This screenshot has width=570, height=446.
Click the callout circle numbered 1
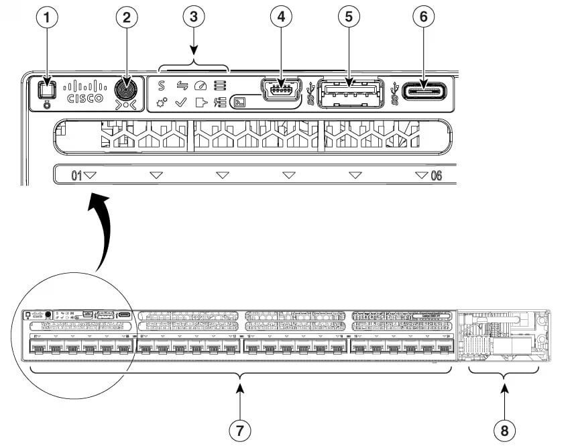point(46,18)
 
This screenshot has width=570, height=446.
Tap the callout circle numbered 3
point(193,18)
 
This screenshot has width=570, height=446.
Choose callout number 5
point(347,18)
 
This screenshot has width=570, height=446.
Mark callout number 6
point(422,18)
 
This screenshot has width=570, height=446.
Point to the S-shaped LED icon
point(161,85)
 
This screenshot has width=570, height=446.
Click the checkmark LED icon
point(180,103)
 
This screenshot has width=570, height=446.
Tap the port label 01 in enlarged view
point(77,176)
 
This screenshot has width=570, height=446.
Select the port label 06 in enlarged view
point(436,176)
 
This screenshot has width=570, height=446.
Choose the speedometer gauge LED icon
point(200,85)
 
